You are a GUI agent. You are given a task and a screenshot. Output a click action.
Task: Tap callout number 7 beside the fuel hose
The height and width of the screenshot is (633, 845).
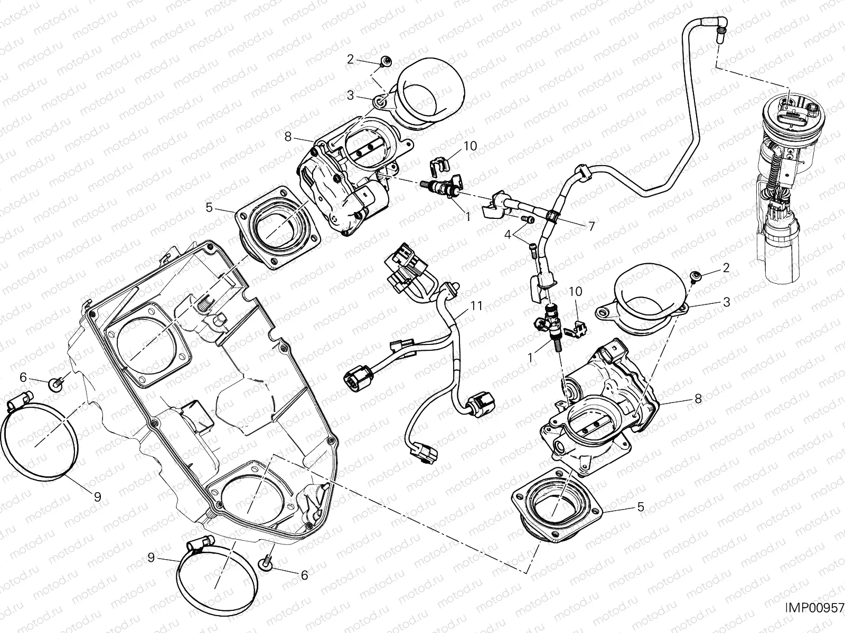click(591, 226)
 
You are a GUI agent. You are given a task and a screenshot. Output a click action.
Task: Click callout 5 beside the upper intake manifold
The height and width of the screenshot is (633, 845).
click(210, 208)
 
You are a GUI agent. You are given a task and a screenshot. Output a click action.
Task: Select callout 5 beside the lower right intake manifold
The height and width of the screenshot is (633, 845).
click(641, 507)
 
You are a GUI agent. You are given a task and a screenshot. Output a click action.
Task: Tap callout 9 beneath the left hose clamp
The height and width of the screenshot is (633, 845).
click(98, 496)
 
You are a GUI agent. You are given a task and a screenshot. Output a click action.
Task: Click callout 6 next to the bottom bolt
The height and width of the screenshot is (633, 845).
click(304, 576)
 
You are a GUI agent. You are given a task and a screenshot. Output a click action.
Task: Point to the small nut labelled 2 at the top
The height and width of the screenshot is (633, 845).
click(386, 62)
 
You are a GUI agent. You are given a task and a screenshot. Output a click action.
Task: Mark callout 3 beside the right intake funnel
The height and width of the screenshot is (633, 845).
click(727, 302)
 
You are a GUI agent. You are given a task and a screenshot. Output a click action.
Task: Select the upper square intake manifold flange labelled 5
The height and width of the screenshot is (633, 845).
click(277, 233)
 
